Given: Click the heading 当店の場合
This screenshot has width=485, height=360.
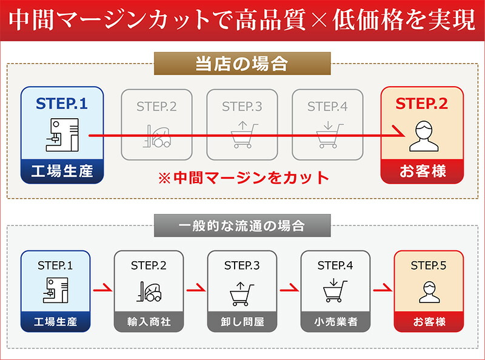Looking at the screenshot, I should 241,64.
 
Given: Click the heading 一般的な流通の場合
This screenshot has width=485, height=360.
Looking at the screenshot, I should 241,225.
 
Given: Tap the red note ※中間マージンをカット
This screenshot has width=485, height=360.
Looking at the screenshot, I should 242,178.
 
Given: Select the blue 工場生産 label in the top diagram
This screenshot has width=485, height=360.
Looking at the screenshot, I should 62,171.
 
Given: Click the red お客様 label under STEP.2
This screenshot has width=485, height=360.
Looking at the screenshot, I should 422,171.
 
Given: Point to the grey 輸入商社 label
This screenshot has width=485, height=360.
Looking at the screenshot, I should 149,322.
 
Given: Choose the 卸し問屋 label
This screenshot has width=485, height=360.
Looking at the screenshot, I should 242,322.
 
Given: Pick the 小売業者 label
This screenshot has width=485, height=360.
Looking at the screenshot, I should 335,322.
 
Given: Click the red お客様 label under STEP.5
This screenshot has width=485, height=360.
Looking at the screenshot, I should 429,322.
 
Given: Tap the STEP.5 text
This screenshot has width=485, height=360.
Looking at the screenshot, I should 429,265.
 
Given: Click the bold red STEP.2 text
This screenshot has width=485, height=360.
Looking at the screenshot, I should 422,104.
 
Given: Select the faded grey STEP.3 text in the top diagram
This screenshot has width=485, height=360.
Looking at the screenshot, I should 242,107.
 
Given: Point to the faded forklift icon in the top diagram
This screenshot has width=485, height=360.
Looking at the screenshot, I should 156,136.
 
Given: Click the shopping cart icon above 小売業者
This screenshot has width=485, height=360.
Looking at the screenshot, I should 335,291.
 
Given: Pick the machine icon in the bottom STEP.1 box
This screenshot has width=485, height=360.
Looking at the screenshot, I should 55,291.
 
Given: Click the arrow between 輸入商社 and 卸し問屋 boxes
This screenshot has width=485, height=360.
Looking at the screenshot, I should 195,289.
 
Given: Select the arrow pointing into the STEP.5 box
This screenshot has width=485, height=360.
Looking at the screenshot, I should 382,289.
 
